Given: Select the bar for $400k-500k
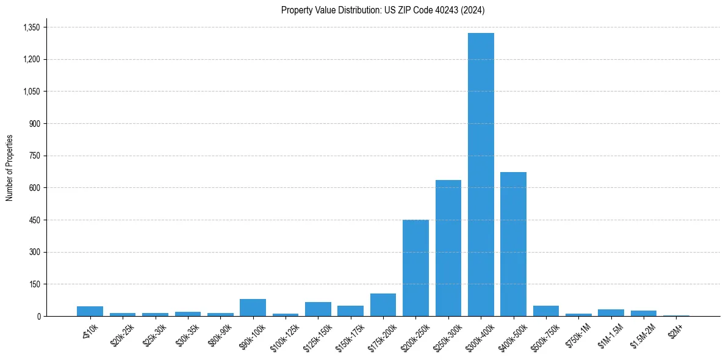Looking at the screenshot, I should coord(513,244).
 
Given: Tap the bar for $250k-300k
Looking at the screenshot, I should coord(448,248).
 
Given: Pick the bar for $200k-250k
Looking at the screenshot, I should coord(415,268).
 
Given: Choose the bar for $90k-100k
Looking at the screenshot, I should coord(253,308).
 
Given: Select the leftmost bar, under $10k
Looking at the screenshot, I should coord(90,311).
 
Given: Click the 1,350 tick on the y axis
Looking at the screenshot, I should coord(31,27).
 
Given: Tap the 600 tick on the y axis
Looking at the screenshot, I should coord(34,188).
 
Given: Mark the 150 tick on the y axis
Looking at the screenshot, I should coord(34,284).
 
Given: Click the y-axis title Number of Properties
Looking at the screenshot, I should coord(9,168).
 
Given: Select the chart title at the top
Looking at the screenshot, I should coord(383,10).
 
